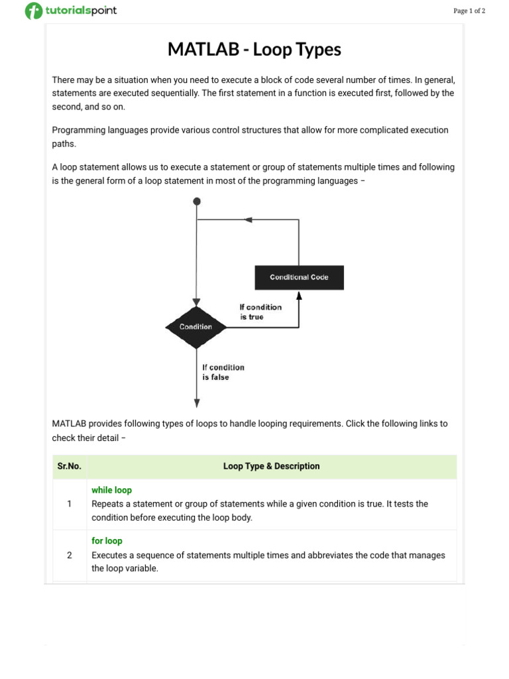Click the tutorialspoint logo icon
click(x=33, y=11)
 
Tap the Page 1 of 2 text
click(x=469, y=11)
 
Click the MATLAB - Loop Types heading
click(x=254, y=49)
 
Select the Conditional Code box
click(x=299, y=277)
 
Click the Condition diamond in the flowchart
click(x=196, y=326)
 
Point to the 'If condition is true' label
click(x=260, y=312)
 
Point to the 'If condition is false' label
click(x=223, y=372)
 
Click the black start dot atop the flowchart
click(x=196, y=201)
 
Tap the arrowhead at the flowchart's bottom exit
click(x=197, y=402)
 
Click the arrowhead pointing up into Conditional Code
click(x=299, y=296)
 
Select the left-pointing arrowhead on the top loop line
click(x=249, y=219)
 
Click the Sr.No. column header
click(x=69, y=466)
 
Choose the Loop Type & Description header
click(x=271, y=466)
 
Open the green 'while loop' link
click(x=111, y=490)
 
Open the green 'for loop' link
click(x=107, y=540)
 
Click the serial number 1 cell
click(x=69, y=504)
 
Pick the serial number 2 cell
click(x=69, y=555)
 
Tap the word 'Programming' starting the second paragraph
click(x=79, y=130)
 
